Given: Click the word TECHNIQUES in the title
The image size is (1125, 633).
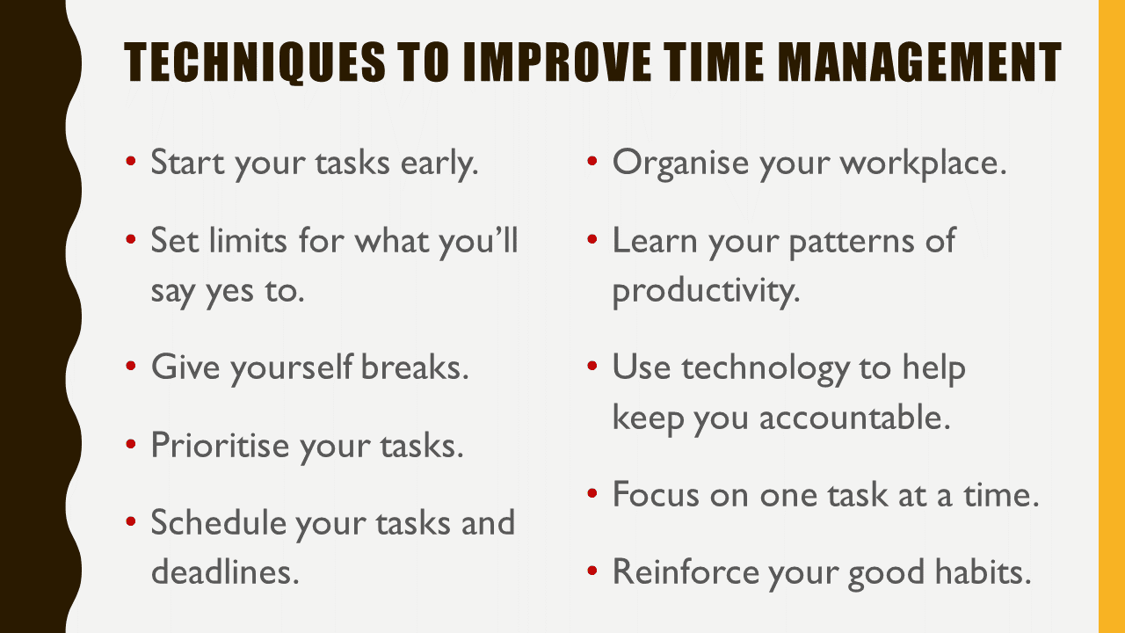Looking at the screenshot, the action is coord(255,62).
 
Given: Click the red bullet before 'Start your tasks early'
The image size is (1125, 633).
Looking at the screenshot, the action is coord(131,161).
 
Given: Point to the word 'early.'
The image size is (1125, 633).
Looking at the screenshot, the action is coord(439,163).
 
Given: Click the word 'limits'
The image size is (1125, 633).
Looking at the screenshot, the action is coord(248,240).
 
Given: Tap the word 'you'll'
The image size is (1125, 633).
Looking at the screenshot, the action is coord(478,242).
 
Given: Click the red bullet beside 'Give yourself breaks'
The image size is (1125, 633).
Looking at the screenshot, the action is coord(131,365).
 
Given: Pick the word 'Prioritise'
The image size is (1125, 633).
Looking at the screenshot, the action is coord(220,445).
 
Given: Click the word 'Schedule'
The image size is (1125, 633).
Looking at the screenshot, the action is coord(218,522).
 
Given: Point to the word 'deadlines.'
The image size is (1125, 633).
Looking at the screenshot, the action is coord(225,571).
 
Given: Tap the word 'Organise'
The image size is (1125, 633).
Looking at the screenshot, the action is coord(680,164).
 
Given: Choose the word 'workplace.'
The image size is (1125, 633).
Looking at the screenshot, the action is coord(924,163).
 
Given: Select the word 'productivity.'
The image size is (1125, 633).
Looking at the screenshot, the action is coord(706,291).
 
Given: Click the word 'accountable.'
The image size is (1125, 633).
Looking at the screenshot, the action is coord(855,417).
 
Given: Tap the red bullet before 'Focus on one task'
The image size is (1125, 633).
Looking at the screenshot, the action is coord(592,493).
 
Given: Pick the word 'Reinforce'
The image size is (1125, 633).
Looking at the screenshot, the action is coord(686,571).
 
